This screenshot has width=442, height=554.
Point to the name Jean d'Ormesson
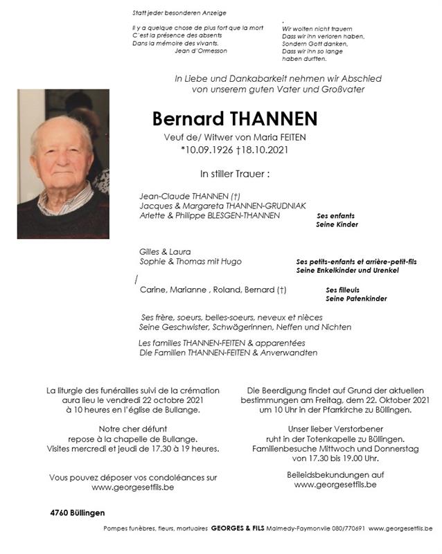pyautogui.click(x=201, y=51)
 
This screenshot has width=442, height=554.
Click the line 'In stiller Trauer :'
pyautogui.click(x=233, y=174)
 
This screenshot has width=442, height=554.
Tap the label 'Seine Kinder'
pyautogui.click(x=337, y=225)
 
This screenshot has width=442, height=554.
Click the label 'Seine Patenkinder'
pyautogui.click(x=356, y=298)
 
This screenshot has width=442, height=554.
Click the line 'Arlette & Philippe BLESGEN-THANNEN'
pyautogui.click(x=209, y=215)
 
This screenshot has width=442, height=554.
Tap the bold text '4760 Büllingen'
pyautogui.click(x=78, y=512)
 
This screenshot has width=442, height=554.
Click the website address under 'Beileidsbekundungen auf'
pyautogui.click(x=335, y=485)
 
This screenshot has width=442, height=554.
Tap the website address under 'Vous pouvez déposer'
pyautogui.click(x=133, y=488)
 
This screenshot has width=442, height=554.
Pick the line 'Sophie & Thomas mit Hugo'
pyautogui.click(x=191, y=261)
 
